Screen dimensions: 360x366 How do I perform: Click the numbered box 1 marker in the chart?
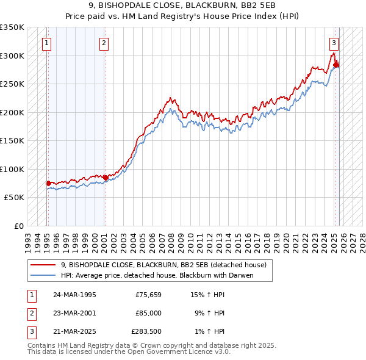coord(47,43)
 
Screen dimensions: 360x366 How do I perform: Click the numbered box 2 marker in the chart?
coord(104,43)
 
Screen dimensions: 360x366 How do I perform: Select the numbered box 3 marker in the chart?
coord(334,43)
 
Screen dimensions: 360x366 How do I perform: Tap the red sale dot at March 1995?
coord(48,183)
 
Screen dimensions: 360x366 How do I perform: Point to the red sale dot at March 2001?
coord(105,178)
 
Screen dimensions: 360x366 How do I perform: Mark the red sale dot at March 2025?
coord(335,65)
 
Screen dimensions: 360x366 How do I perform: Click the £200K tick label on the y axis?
coord(12,112)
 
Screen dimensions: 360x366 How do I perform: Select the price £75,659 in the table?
coord(148,294)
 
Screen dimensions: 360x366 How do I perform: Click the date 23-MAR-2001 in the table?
coord(75,313)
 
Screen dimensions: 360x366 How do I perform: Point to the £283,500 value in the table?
coord(146,332)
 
